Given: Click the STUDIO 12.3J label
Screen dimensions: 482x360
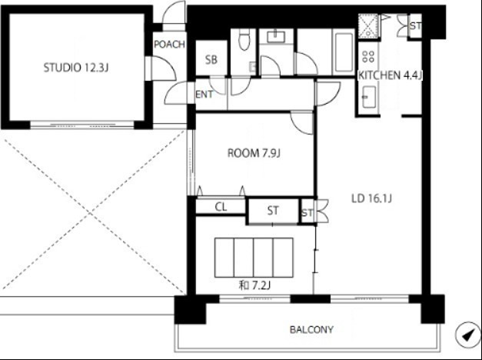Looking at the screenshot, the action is coord(76,68).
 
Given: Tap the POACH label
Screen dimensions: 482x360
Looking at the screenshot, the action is coord(169,45).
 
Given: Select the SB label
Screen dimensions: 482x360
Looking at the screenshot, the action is coord(211,60).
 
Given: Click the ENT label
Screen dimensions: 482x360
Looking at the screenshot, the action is coord(204,94).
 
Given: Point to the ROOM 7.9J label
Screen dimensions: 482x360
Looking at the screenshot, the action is coord(254,153).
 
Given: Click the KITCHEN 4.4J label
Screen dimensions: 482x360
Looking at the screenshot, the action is coord(390,75).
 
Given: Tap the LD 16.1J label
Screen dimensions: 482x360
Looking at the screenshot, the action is coord(371,198).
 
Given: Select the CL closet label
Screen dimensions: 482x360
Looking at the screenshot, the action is coord(221,207).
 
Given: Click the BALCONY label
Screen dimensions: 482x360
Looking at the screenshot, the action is coord(311,329).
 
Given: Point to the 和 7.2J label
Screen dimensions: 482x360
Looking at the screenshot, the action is coord(254,285).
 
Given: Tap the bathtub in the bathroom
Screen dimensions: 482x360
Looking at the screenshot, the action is coord(344,52).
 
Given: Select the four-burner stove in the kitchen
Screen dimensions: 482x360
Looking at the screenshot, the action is coord(368,56).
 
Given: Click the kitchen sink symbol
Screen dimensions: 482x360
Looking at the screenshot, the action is coord(368,97).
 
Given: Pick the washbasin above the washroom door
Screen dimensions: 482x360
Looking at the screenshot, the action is coord(276,37).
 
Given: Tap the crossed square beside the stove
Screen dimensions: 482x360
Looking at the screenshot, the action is coord(368,26).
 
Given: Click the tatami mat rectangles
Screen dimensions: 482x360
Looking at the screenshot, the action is coord(254,258).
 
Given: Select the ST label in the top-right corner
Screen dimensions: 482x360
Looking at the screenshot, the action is coord(415,26).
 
